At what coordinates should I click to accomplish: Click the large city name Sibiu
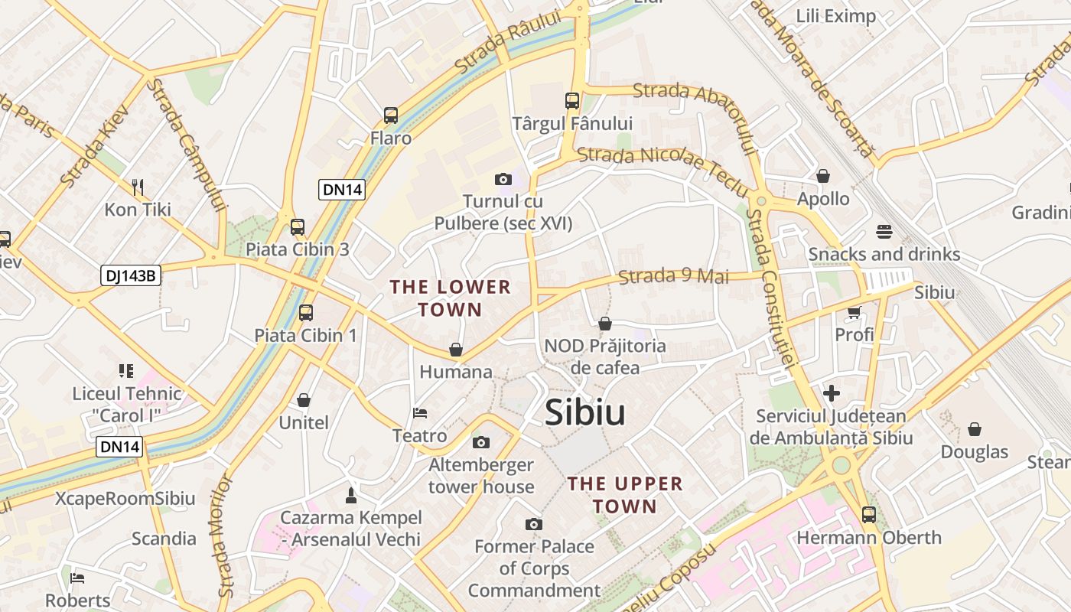[585, 413]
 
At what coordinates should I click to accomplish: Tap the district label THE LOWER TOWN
[450, 298]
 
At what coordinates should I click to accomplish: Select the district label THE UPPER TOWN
[625, 495]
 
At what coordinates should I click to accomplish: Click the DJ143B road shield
[131, 275]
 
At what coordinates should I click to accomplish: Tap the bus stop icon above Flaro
[391, 116]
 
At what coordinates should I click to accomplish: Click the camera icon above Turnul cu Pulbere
[503, 179]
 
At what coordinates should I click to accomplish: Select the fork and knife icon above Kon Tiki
[138, 186]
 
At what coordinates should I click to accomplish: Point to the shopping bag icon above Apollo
[823, 176]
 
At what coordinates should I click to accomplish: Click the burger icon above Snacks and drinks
[884, 231]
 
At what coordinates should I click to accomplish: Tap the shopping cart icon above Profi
[854, 312]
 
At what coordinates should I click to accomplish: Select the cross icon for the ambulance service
[832, 394]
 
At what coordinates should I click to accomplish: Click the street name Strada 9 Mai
[674, 276]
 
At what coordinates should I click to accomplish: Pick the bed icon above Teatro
[419, 413]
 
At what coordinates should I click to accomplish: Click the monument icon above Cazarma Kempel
[351, 495]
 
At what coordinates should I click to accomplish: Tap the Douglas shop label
[975, 452]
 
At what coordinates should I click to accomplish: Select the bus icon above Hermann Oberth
[869, 515]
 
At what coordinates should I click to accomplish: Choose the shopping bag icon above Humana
[456, 350]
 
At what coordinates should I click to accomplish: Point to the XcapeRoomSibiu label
[125, 499]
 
